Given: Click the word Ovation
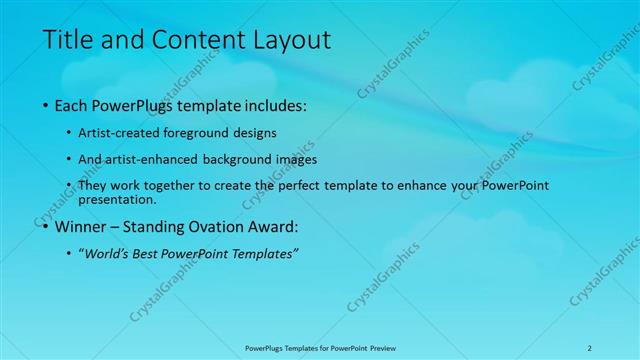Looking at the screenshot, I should coord(221,226).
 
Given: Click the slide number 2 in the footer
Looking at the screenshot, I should coord(589,347).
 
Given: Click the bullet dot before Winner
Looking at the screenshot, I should coord(47,226).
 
